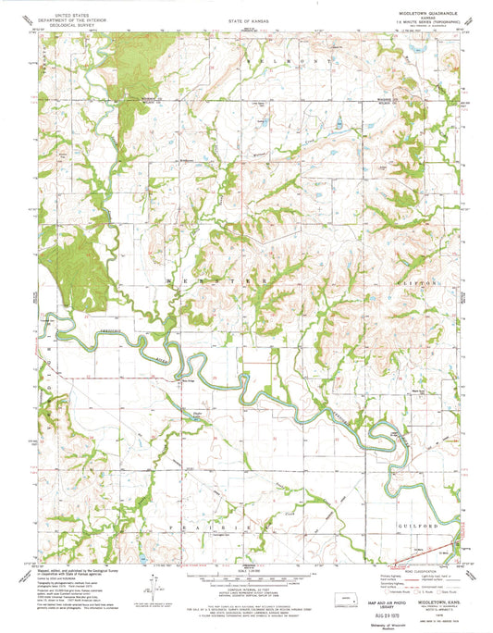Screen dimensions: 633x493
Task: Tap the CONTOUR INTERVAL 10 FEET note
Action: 246,576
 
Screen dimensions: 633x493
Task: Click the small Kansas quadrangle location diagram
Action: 346,573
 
